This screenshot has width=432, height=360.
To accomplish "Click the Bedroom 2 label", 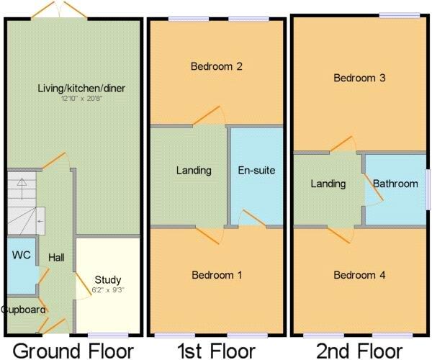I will point(216,67).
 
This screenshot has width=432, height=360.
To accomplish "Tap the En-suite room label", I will point(257,171).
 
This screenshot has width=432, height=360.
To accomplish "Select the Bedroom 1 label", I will point(216,275).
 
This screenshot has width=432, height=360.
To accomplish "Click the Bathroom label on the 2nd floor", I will point(395,184).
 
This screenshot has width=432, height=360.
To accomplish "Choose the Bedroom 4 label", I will point(360,275).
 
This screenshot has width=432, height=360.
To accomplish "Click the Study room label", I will point(107,279).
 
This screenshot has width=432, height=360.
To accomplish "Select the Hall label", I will point(57,257).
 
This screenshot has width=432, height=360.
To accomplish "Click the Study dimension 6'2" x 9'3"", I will point(107,289).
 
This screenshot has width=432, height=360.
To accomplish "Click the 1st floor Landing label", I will point(194,171).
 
